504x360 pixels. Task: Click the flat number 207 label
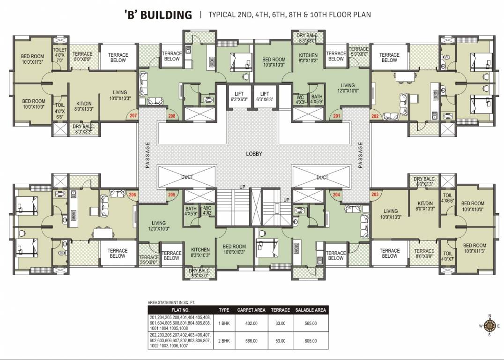click(x=133, y=115)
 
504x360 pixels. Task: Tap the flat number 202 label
click(x=375, y=116)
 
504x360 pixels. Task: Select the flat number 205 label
click(x=171, y=195)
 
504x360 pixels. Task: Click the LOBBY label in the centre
click(x=254, y=154)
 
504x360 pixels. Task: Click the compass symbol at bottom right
click(x=490, y=325)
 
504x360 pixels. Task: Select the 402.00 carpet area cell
click(x=251, y=323)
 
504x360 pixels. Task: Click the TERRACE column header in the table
click(x=281, y=310)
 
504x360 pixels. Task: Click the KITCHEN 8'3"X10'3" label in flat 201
click(x=308, y=58)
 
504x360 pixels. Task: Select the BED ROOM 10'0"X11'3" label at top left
click(x=32, y=60)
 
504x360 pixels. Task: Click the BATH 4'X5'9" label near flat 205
click(x=191, y=211)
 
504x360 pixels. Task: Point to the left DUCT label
click(x=187, y=177)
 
